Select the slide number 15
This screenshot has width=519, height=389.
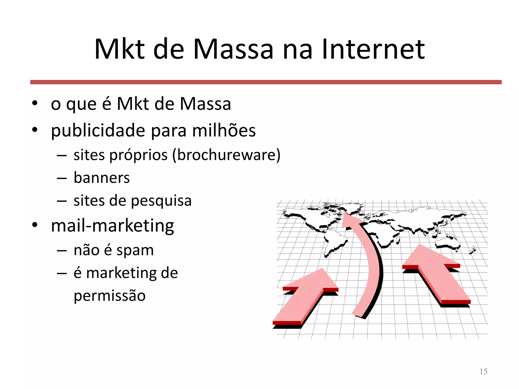click(483, 371)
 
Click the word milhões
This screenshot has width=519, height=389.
click(224, 130)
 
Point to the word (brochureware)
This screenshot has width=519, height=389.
click(226, 155)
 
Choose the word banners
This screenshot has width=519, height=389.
click(102, 178)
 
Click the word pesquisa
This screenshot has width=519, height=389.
click(161, 201)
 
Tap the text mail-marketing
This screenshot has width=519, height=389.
click(113, 225)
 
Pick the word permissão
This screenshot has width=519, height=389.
click(109, 296)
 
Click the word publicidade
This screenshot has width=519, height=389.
click(98, 130)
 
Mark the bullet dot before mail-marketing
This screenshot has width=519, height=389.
click(35, 225)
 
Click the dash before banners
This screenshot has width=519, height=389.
click(62, 178)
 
